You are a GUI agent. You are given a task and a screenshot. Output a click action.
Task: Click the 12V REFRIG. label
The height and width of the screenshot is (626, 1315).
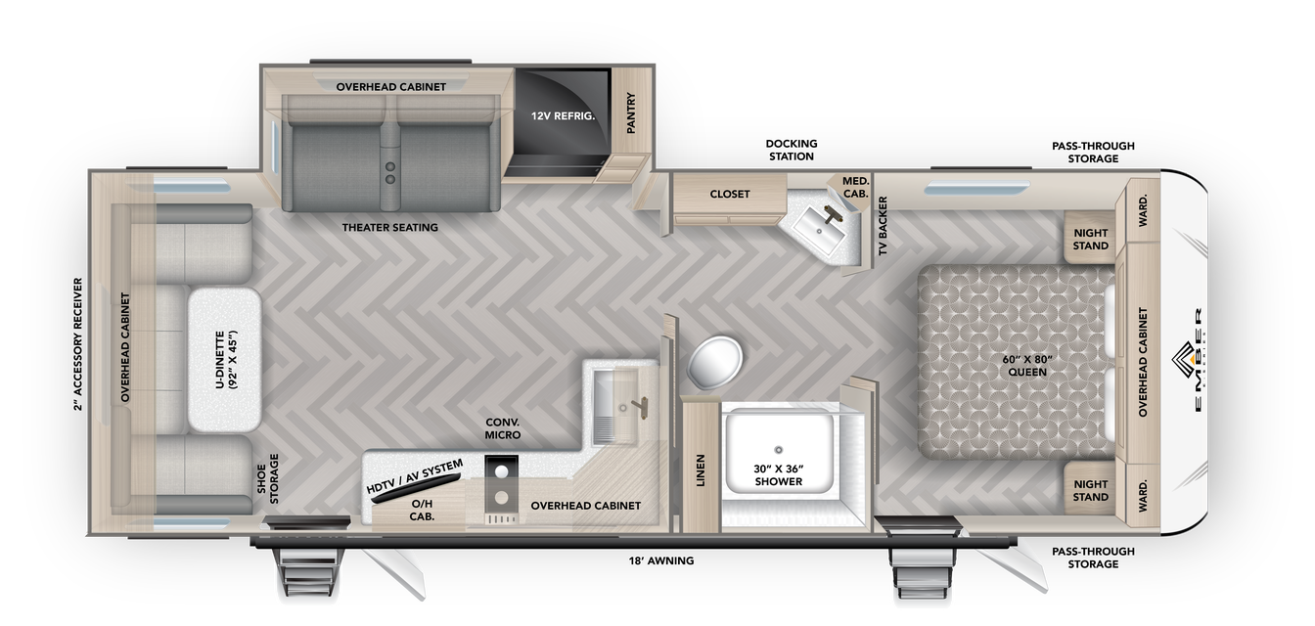(563, 116)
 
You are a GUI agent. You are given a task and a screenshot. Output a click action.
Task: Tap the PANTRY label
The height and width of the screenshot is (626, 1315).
(631, 112)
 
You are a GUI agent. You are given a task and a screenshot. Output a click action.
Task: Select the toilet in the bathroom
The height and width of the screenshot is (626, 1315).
(714, 362)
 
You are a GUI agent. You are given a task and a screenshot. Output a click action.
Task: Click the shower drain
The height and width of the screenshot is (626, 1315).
(779, 450)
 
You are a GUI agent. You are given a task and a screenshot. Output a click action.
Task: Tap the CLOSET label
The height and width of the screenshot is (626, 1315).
(730, 194)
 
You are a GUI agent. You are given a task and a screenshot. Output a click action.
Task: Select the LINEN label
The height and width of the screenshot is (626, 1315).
(700, 470)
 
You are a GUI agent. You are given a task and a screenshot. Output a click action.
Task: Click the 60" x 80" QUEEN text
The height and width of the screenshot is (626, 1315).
(1027, 366)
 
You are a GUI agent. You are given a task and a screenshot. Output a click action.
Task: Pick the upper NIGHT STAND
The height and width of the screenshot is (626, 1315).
(1090, 239)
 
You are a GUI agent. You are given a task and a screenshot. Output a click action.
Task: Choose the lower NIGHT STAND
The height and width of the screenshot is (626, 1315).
(1090, 490)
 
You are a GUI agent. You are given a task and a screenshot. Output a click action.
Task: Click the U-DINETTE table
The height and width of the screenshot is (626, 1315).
(225, 360)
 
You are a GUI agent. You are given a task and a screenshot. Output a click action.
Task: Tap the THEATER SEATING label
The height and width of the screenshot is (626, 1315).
(389, 227)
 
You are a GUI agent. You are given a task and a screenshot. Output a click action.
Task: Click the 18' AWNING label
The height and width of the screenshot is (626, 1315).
(661, 560)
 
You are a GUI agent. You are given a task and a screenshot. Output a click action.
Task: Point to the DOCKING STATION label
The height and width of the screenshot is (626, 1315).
(791, 150)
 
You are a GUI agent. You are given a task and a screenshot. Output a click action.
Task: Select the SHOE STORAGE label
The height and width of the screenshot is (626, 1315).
(267, 478)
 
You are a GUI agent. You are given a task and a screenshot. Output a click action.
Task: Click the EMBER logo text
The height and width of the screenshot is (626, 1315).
(1198, 360)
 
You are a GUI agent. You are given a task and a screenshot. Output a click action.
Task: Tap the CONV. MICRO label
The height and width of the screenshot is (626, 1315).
(503, 428)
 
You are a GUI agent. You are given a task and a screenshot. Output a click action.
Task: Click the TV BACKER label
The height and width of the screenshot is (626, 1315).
(883, 225)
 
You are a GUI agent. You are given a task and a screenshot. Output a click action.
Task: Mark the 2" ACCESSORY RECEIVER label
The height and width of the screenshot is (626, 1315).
(78, 343)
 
